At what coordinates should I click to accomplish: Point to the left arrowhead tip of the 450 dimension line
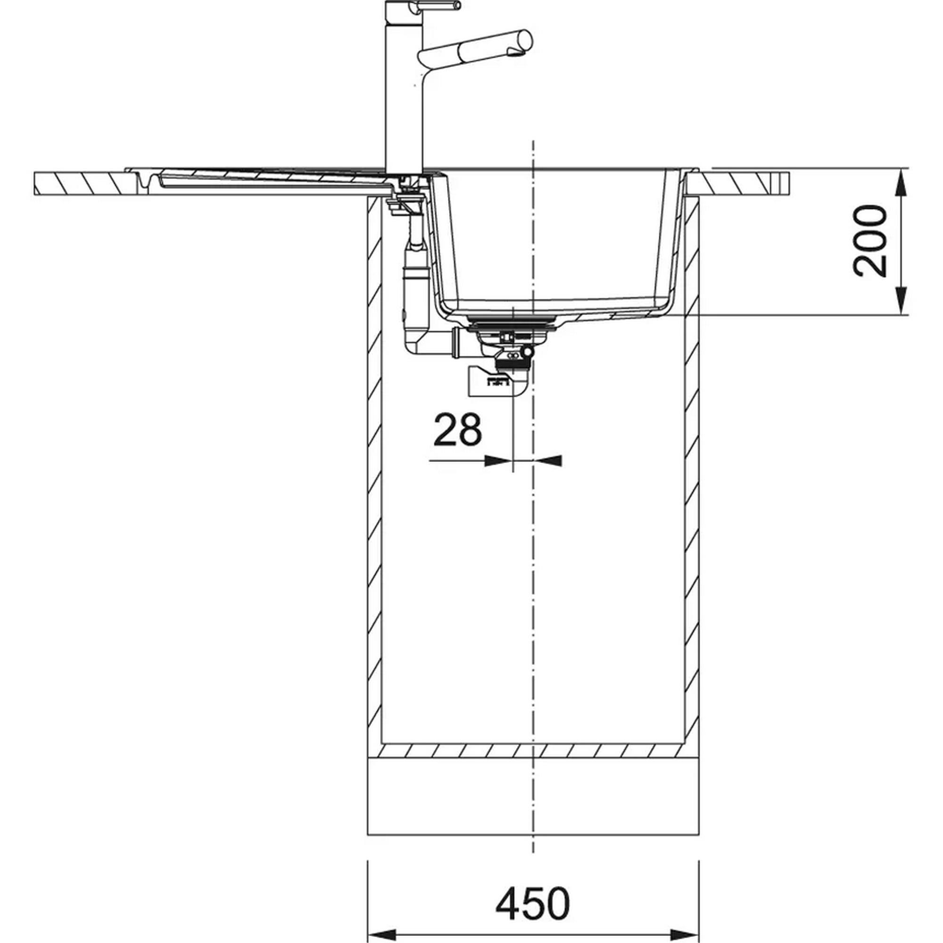pyautogui.click(x=366, y=928)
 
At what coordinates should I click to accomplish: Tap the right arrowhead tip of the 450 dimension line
pyautogui.click(x=700, y=928)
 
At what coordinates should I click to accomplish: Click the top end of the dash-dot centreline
pyautogui.click(x=533, y=141)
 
